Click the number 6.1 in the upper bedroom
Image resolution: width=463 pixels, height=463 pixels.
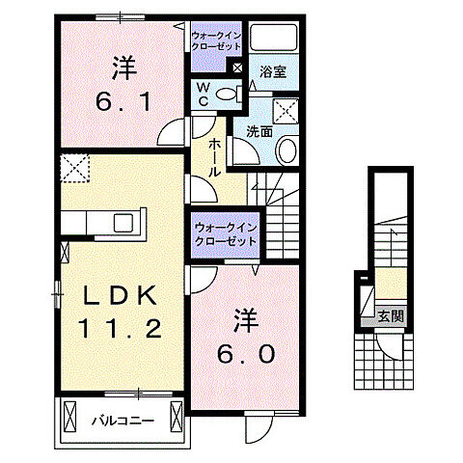(x=123, y=99)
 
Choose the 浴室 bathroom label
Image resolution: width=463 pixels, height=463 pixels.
(x=270, y=70)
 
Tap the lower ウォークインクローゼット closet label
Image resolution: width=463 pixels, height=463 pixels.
(x=224, y=232)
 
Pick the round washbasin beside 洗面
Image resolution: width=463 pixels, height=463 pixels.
(x=287, y=150)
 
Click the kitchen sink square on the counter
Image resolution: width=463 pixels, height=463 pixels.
(x=123, y=222)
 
